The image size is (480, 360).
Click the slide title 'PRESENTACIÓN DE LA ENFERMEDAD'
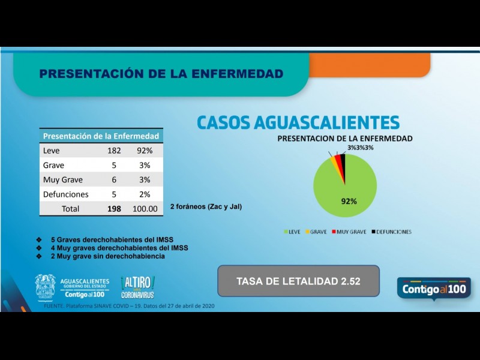(161, 74)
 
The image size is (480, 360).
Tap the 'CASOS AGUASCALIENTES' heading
(298, 122)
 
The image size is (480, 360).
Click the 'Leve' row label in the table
(52, 151)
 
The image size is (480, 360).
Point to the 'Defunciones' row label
(66, 194)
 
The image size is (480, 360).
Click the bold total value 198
(113, 209)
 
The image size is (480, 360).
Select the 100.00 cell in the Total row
(145, 209)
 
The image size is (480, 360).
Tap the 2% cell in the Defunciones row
(145, 194)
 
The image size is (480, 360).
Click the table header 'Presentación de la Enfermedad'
(101, 136)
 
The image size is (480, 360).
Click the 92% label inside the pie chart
(349, 201)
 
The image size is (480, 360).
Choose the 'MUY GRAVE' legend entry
(350, 232)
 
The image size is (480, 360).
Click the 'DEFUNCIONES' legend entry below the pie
(392, 232)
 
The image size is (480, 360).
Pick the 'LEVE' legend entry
(292, 232)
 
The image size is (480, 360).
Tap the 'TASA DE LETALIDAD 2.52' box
(298, 281)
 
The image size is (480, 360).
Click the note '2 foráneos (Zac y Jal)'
(206, 206)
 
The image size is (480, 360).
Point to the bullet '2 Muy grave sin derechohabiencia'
(107, 256)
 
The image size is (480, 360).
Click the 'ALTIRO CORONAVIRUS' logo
(137, 287)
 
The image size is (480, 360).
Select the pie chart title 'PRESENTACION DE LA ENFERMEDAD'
(344, 139)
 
